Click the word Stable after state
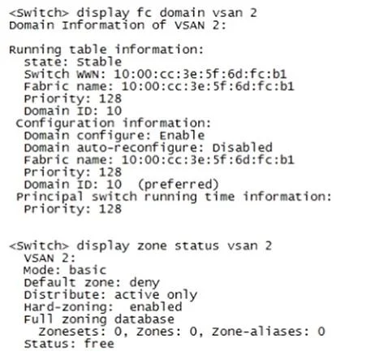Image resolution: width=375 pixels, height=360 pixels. [99, 62]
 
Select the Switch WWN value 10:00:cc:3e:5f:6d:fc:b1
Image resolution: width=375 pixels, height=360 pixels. [200, 74]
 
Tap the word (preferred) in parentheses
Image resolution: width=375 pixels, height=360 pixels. [178, 185]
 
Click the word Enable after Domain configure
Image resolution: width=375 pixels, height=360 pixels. [182, 135]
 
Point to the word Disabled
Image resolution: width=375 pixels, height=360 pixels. [242, 147]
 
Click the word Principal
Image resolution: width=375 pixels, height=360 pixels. [50, 197]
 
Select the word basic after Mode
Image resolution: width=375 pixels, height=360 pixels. [88, 270]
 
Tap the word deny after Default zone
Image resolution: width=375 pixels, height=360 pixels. [144, 283]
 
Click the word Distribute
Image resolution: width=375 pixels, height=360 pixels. [65, 295]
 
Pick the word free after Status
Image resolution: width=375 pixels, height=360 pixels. [99, 344]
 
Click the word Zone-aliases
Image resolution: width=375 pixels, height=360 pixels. [261, 332]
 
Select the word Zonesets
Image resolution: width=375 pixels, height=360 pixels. [72, 332]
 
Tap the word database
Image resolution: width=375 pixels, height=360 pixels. [144, 319]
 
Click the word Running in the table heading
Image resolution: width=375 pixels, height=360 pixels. [35, 50]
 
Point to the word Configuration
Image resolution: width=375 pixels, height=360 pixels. [65, 124]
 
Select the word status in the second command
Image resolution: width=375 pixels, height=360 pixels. [196, 245]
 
